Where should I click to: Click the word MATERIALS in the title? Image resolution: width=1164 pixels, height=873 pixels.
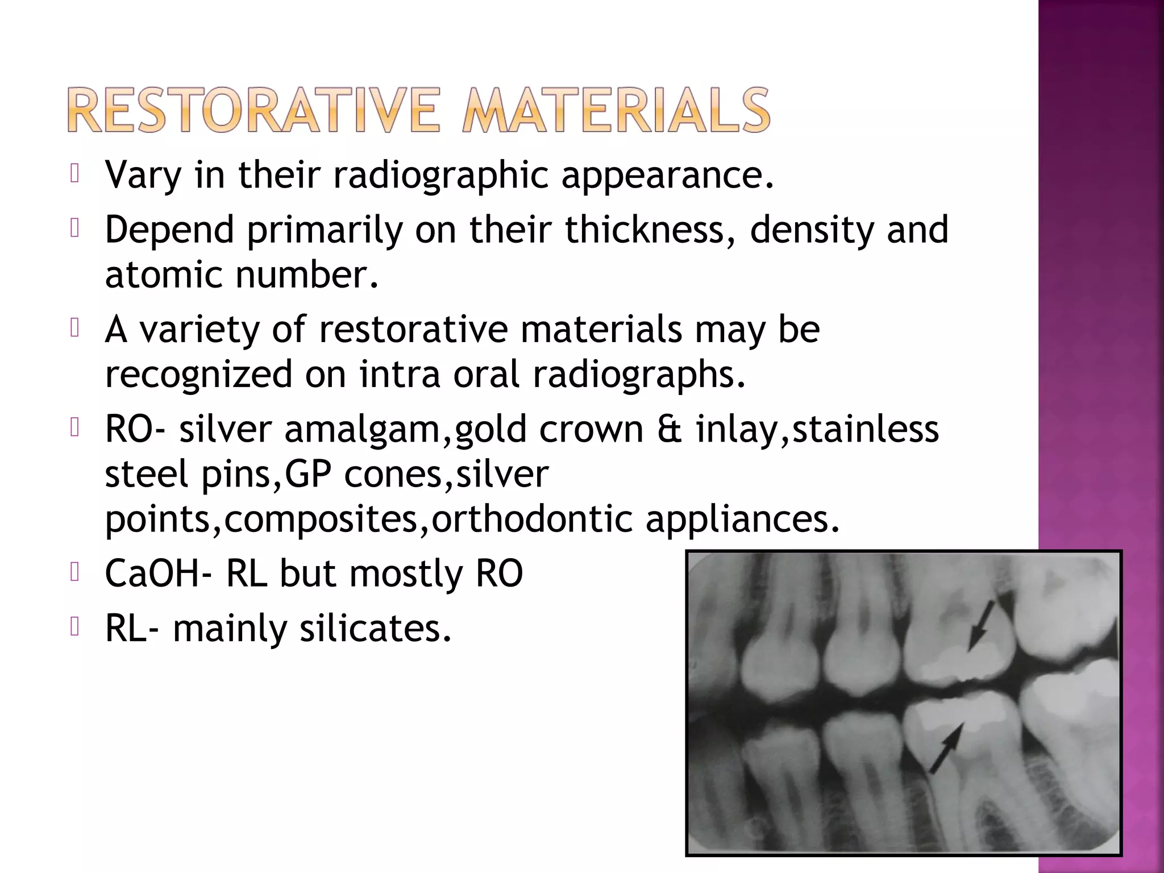(x=616, y=110)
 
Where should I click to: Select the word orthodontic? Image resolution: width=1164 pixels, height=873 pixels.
(x=532, y=519)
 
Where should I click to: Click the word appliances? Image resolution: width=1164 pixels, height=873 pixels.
(x=742, y=519)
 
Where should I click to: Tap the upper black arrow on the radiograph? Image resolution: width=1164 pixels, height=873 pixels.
(x=982, y=625)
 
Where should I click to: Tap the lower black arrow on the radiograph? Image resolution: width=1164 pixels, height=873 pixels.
(x=947, y=747)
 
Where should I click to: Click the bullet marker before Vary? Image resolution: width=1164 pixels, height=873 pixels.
(x=74, y=174)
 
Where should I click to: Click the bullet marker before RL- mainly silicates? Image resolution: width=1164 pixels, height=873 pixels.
(x=74, y=627)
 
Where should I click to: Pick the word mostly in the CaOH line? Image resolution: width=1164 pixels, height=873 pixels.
(x=406, y=574)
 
